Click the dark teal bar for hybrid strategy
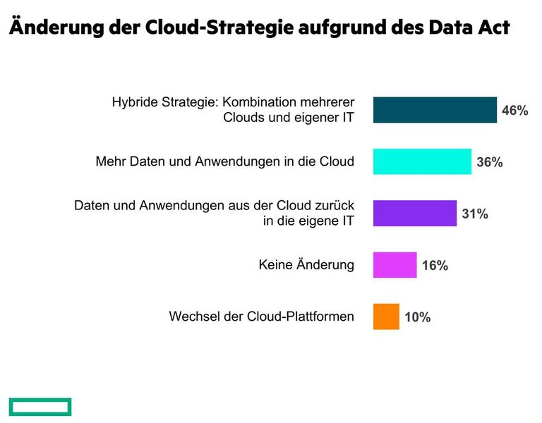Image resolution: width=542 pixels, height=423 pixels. click(x=435, y=110)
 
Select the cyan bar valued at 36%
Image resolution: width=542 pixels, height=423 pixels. click(x=422, y=161)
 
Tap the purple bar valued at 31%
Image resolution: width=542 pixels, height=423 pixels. click(x=414, y=213)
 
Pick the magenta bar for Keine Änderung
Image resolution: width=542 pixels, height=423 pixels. click(x=395, y=265)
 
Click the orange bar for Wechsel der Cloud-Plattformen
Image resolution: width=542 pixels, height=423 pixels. click(x=386, y=317)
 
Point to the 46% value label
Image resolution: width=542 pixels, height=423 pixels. click(x=515, y=111)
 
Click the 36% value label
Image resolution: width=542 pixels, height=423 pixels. click(x=490, y=162)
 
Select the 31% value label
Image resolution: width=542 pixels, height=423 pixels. click(x=475, y=214)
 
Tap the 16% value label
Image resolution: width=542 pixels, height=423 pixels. click(x=435, y=266)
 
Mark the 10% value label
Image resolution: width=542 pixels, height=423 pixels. click(x=418, y=317)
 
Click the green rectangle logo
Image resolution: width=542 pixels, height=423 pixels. click(x=40, y=406)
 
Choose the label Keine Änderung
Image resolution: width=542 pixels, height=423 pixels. click(x=306, y=265)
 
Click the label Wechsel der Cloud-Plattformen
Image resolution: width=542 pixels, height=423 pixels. click(x=261, y=317)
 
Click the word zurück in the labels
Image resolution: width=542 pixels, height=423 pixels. click(x=335, y=205)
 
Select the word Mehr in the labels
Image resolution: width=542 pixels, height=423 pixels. click(x=109, y=161)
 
